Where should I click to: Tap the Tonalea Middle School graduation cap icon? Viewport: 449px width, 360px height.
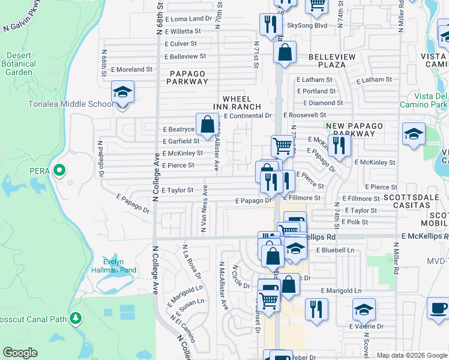(122, 92)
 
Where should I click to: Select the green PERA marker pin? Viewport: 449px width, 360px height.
(59, 171)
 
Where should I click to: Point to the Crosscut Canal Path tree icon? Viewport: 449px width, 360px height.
(76, 318)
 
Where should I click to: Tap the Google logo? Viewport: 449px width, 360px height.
(20, 353)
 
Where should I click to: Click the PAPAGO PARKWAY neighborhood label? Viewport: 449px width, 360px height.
(187, 78)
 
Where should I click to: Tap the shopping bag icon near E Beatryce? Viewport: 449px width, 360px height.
(207, 125)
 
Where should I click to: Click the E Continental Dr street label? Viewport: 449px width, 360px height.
(247, 115)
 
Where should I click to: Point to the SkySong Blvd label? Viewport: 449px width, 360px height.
(307, 26)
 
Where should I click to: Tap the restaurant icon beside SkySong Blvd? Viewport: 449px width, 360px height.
(271, 24)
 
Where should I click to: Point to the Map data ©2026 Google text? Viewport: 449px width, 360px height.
(411, 355)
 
